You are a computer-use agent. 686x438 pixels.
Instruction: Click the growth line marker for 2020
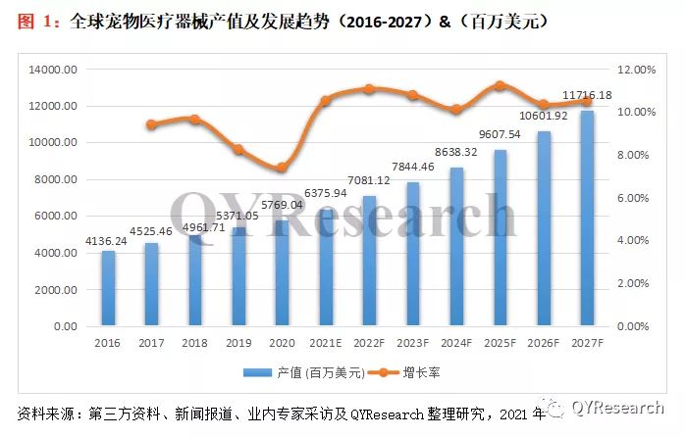(x=282, y=168)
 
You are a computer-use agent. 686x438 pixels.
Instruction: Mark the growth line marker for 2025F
(x=500, y=85)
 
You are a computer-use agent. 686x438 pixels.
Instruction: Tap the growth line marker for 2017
(x=151, y=124)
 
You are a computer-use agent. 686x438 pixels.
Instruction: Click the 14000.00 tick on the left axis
(x=54, y=70)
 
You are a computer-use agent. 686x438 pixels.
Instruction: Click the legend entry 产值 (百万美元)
(x=305, y=373)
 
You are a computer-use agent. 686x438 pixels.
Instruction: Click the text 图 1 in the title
(x=35, y=20)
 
